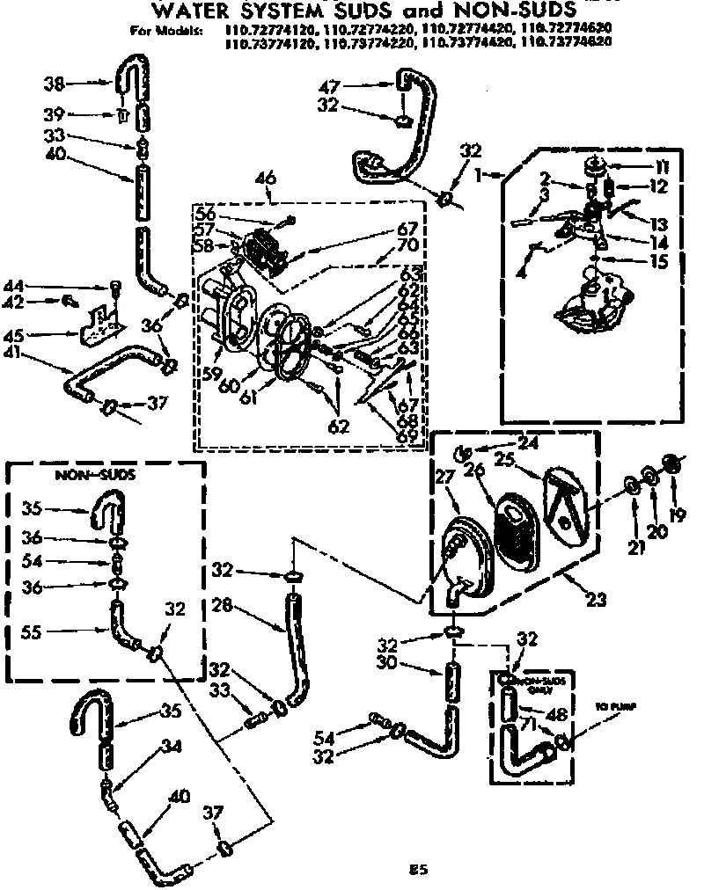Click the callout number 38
click(x=54, y=84)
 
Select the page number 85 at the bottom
click(x=419, y=870)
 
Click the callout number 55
click(x=36, y=630)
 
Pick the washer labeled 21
click(x=632, y=485)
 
